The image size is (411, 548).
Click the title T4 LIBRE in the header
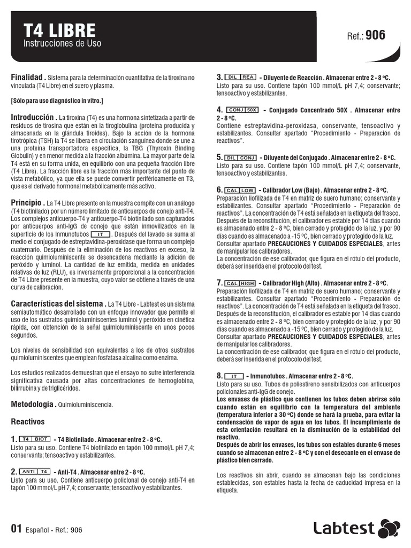(x=59, y=30)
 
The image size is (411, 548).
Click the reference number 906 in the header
(x=375, y=35)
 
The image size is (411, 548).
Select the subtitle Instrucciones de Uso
(x=62, y=43)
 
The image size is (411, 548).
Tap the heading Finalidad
(x=28, y=77)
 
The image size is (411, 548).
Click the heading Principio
(x=27, y=202)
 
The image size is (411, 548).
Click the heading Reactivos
(x=28, y=422)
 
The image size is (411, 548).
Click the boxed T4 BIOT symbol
(x=36, y=439)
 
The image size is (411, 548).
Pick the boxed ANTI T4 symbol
(x=35, y=471)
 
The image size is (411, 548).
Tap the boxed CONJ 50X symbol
(x=243, y=110)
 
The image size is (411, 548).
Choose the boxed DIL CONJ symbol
(x=241, y=158)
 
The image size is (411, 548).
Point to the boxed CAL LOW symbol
(x=240, y=190)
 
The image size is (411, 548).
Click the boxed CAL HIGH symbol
(x=240, y=283)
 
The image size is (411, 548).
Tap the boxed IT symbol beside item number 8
(x=234, y=376)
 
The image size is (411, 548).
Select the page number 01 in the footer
(x=16, y=529)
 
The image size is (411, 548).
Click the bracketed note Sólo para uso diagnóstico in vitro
(x=57, y=101)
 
